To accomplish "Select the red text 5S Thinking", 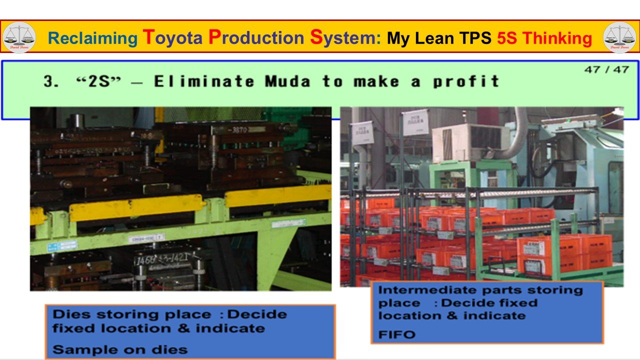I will pos(544,38).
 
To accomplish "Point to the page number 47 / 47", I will pos(606,69).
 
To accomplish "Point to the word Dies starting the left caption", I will pos(68,314).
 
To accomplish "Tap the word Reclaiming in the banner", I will pos(92,38).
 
